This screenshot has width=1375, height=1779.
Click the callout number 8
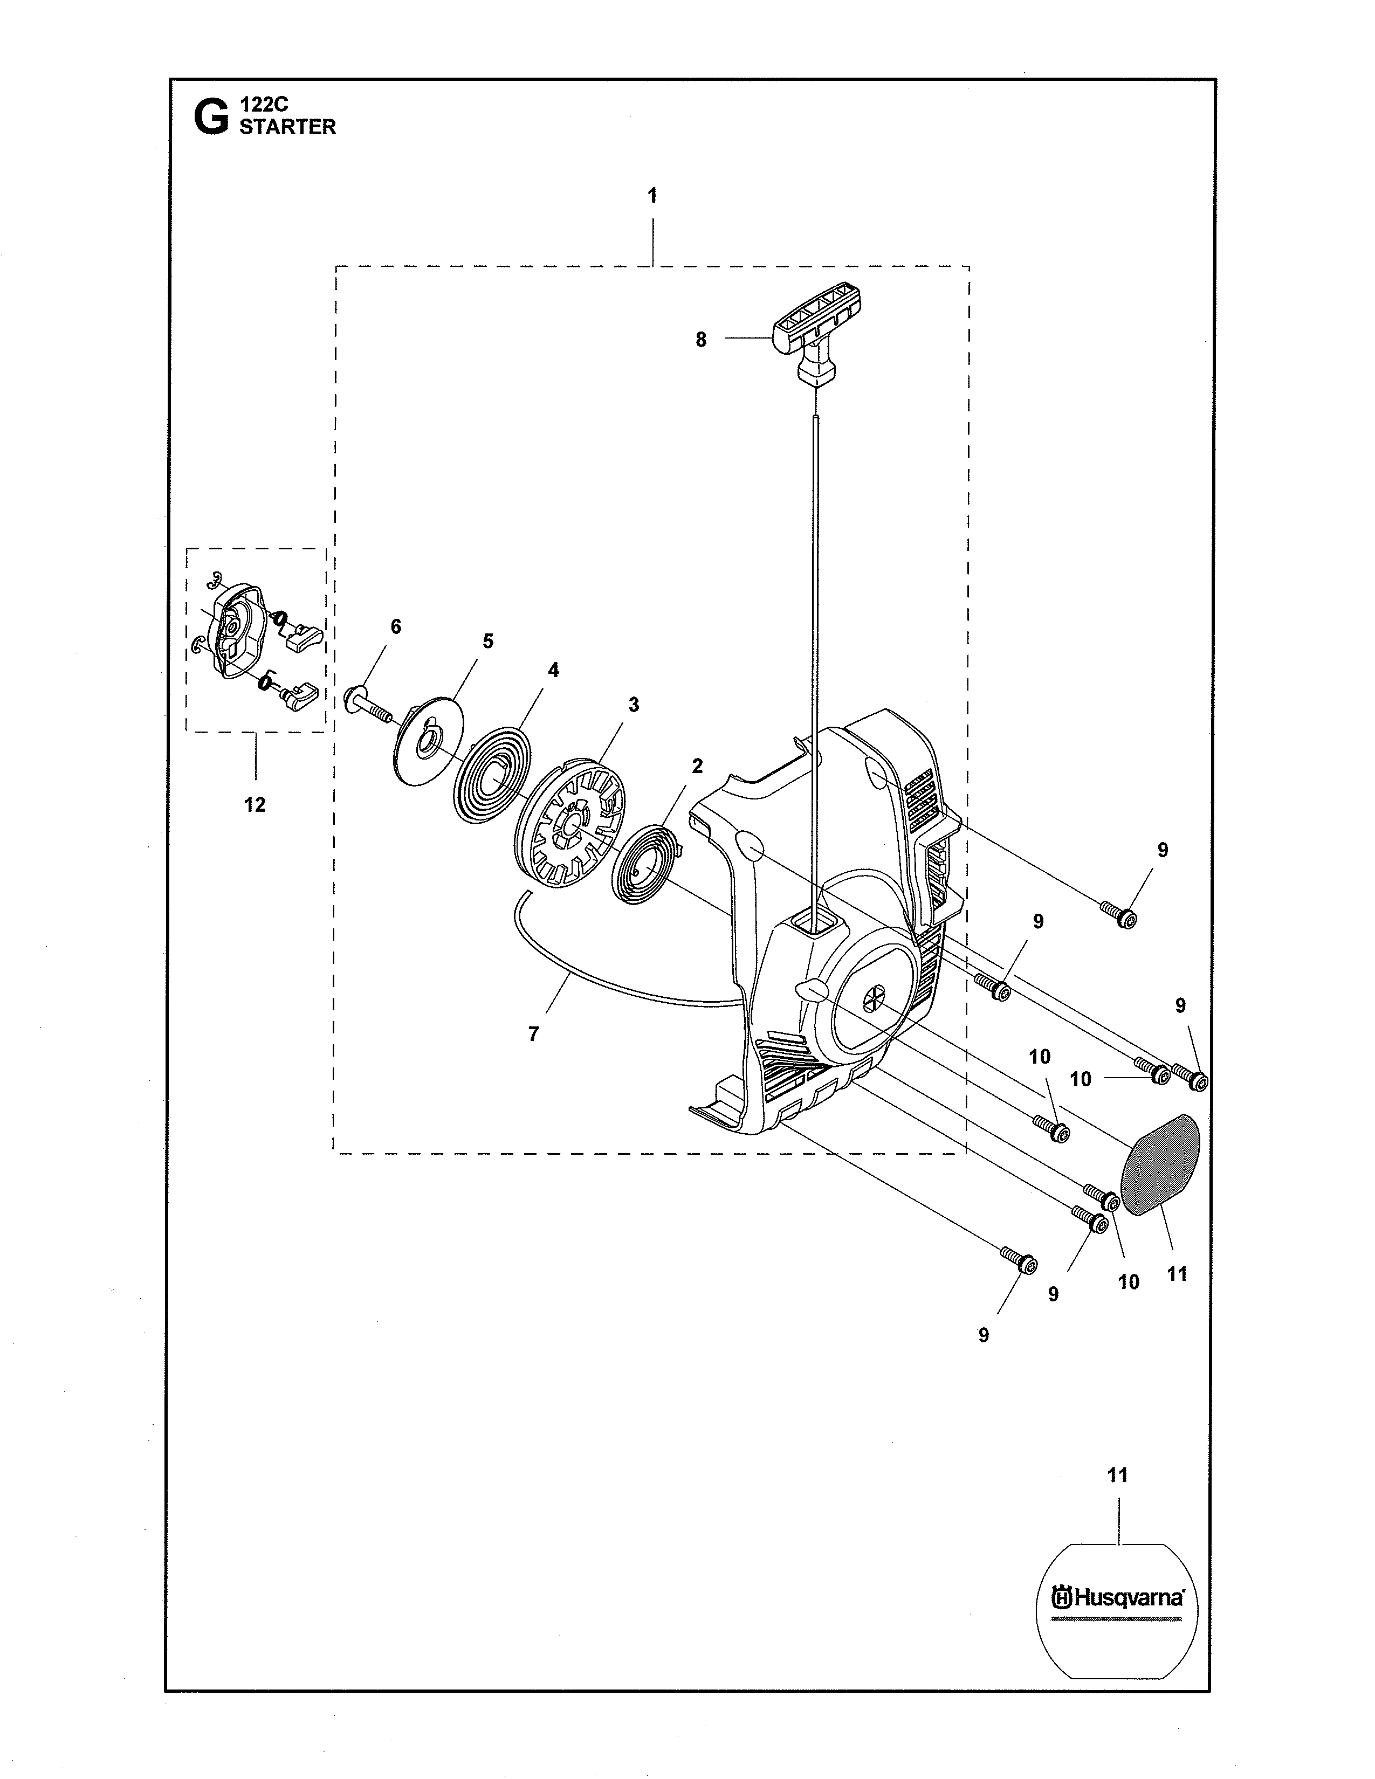point(700,340)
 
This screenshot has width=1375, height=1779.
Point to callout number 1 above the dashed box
point(652,196)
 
